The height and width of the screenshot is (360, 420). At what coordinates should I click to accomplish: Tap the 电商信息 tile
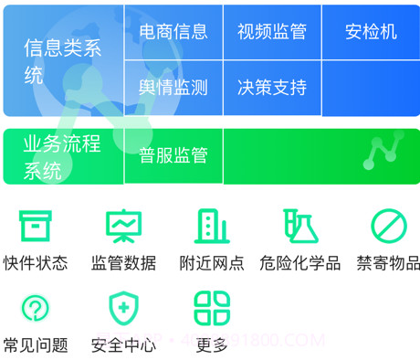point(173,32)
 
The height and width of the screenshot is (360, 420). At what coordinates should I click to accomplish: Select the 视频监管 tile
point(271,32)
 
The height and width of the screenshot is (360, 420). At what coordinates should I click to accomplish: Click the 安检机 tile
point(371,32)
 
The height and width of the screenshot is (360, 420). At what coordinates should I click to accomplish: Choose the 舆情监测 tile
point(173,88)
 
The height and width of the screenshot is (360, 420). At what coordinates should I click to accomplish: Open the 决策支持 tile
point(271,88)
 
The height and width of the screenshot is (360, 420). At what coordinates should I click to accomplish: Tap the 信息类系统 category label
point(62,61)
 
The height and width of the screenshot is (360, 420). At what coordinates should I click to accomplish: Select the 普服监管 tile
point(173,156)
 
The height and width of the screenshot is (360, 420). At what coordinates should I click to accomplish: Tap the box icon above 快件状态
point(36,225)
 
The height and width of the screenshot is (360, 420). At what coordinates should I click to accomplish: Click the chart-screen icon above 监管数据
point(123,225)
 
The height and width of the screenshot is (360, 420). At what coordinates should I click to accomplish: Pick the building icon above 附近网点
point(212,225)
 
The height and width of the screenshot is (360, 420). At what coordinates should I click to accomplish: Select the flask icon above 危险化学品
point(299,225)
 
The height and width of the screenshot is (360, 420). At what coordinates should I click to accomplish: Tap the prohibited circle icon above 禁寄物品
point(388,225)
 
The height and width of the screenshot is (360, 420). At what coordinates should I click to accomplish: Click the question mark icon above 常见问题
point(36,308)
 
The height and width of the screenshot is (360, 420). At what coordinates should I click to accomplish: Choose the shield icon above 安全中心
point(123,308)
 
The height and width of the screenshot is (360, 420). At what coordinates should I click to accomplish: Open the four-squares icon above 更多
point(212,308)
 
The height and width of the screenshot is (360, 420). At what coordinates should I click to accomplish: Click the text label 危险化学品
point(299,263)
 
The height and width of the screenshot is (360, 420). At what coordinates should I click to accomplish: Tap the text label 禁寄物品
point(388,263)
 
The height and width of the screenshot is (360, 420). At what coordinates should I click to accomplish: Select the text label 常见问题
point(36,345)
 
